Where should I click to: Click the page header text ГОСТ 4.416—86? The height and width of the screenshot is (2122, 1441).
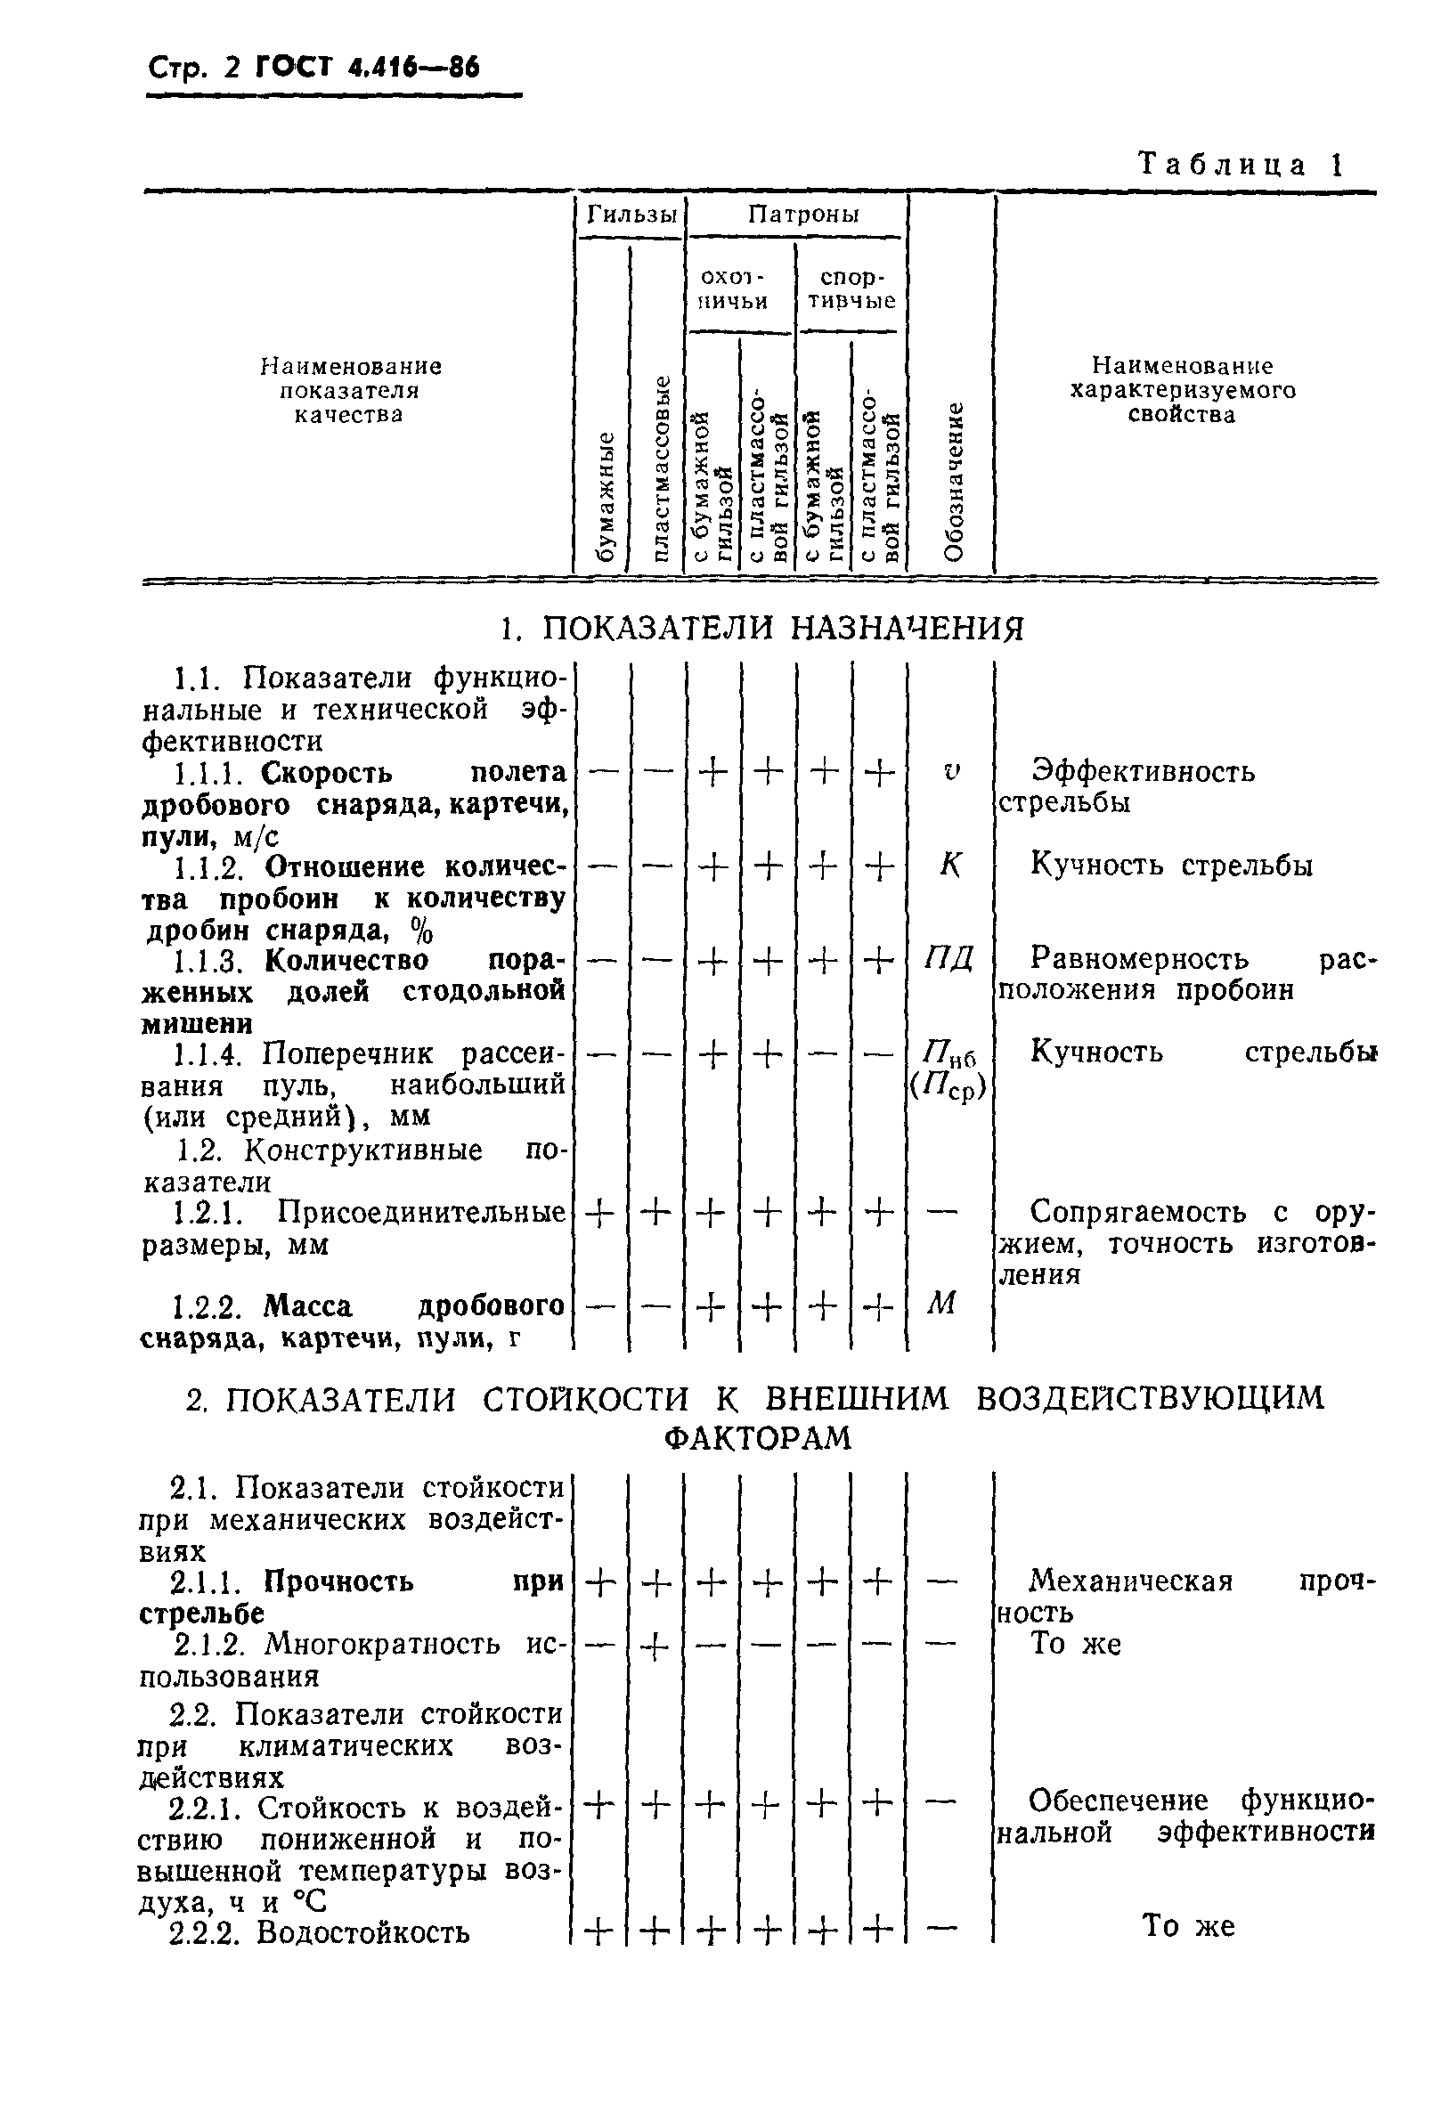point(366,68)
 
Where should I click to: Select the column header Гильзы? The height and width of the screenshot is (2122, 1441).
point(631,215)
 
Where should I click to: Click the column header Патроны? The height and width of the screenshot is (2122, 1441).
point(802,215)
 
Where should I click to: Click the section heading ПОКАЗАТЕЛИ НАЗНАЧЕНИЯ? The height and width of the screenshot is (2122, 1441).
point(762,628)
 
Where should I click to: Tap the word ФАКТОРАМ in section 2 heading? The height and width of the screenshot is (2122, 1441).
point(757,1438)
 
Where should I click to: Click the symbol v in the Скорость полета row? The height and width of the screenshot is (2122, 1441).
point(949,772)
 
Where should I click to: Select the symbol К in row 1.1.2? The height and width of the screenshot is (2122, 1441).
point(949,865)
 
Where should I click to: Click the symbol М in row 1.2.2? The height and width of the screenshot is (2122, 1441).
point(940,1304)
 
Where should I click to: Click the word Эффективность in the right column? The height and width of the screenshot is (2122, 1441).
point(1143,772)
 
